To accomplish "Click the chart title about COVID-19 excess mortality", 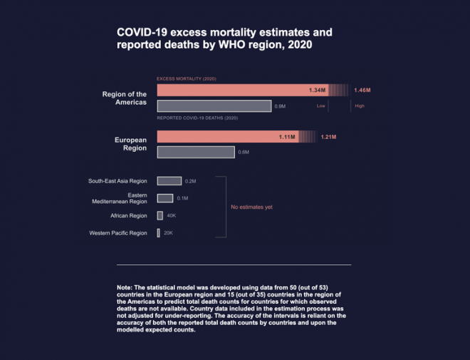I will tap(224, 38).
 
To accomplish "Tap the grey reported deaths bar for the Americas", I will tap(214, 106).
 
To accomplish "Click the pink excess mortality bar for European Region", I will tap(228, 136).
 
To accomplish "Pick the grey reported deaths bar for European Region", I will tap(196, 152).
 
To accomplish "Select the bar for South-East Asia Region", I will tap(169, 181).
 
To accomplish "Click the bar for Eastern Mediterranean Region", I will tap(164, 198).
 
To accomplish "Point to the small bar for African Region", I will tap(160, 215).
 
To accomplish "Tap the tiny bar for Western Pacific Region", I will tap(158, 232).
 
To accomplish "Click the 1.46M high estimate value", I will tap(362, 91).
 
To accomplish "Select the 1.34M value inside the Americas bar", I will tap(318, 91).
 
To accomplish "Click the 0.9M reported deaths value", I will tap(280, 106).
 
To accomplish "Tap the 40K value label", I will tap(171, 215).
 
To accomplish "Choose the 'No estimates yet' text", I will tap(251, 207).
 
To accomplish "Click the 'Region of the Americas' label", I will tap(125, 98).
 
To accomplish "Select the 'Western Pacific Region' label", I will tap(118, 233).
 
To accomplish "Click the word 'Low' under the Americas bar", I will tap(321, 106).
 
